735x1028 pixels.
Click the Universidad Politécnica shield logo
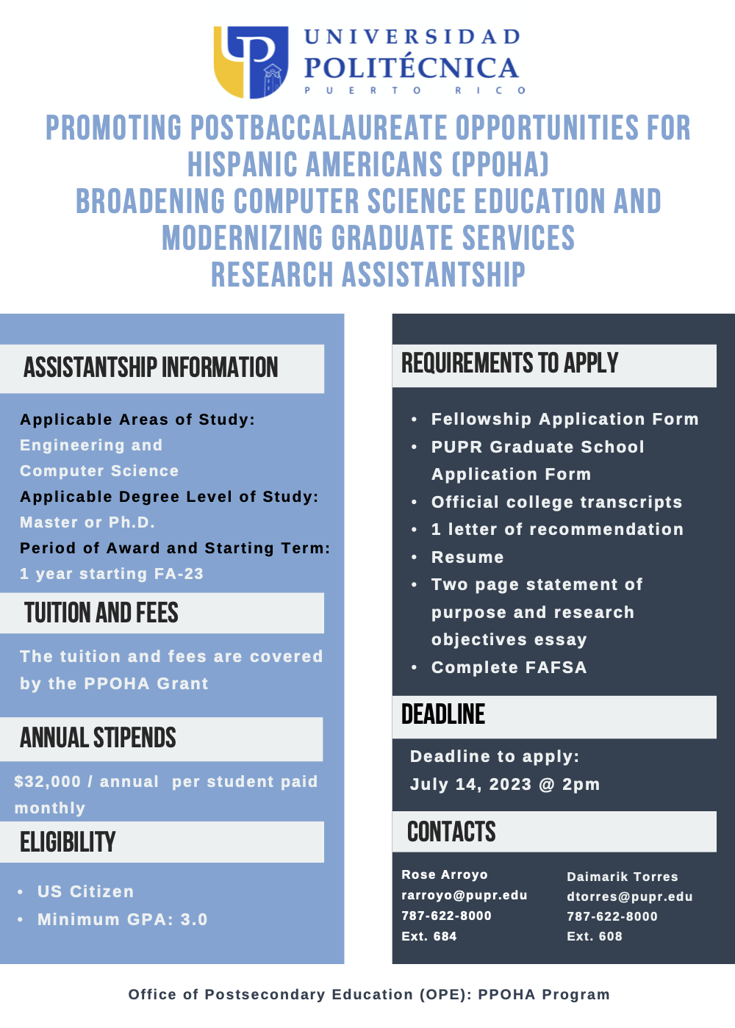(x=251, y=62)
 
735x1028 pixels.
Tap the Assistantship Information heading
(x=151, y=367)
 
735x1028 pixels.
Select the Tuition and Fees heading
(x=101, y=613)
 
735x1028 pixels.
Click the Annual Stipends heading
(x=98, y=738)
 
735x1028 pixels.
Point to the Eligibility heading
(x=68, y=842)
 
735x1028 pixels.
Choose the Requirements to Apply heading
(x=509, y=363)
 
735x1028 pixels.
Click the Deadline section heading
(x=443, y=714)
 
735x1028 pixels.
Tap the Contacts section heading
(x=451, y=832)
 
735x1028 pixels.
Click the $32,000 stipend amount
(x=47, y=782)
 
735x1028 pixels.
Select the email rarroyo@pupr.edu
(x=465, y=895)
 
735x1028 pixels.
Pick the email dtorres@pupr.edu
(x=630, y=896)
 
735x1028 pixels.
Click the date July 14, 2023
(x=470, y=785)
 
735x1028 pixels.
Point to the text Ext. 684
(x=429, y=936)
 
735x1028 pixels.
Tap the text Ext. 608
(x=595, y=936)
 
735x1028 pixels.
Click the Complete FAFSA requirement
(x=509, y=668)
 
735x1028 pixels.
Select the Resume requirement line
(x=467, y=558)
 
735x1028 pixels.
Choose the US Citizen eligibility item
(x=85, y=892)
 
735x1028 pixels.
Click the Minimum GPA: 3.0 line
(x=122, y=920)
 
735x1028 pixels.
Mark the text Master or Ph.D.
(x=87, y=522)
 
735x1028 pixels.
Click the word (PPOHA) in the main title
(x=500, y=165)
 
